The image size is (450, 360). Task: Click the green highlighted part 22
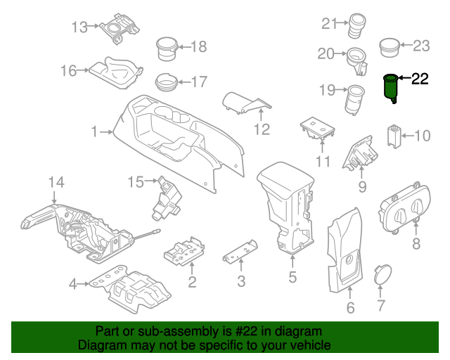(x=390, y=87)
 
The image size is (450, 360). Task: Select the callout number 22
(x=419, y=79)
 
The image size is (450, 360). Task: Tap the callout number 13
(x=80, y=27)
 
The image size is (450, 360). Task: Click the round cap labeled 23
(x=389, y=48)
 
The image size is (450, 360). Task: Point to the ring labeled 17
(x=167, y=82)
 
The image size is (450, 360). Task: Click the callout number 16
(x=68, y=70)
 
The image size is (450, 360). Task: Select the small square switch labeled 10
(x=394, y=134)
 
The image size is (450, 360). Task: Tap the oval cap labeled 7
(x=381, y=274)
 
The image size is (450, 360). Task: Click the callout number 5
(x=292, y=277)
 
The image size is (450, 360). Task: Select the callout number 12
(x=262, y=129)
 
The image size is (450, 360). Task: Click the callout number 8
(x=416, y=244)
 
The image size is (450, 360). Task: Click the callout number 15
(x=135, y=183)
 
